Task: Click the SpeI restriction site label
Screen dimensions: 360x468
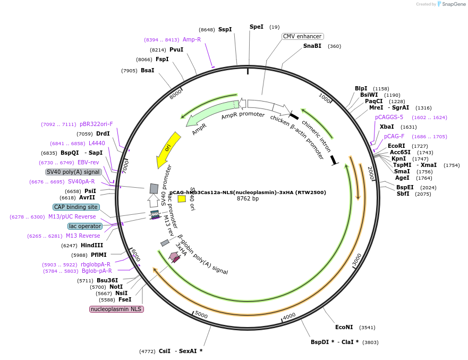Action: tap(256, 27)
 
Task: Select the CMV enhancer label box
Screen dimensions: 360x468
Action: tap(302, 36)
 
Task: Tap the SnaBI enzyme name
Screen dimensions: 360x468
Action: tap(312, 46)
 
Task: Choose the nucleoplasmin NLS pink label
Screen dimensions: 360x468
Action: tap(116, 309)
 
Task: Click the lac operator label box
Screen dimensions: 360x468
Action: tap(85, 226)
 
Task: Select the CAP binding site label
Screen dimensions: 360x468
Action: tap(76, 207)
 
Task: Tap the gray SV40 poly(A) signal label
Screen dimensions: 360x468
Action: tap(73, 172)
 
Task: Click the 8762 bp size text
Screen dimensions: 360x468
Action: tap(248, 199)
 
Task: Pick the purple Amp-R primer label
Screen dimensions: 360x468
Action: tap(192, 39)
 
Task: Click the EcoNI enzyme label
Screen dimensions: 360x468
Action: tap(344, 327)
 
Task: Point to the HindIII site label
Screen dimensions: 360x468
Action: tap(91, 245)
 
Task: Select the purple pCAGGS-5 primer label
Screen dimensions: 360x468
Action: tap(389, 117)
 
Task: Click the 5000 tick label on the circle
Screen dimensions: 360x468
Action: tap(201, 315)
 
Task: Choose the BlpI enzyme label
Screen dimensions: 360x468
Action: tap(361, 88)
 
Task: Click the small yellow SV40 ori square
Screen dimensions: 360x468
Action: tap(182, 199)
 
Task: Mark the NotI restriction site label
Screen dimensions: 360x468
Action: tap(116, 287)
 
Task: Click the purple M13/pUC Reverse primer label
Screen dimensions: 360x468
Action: tap(72, 216)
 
